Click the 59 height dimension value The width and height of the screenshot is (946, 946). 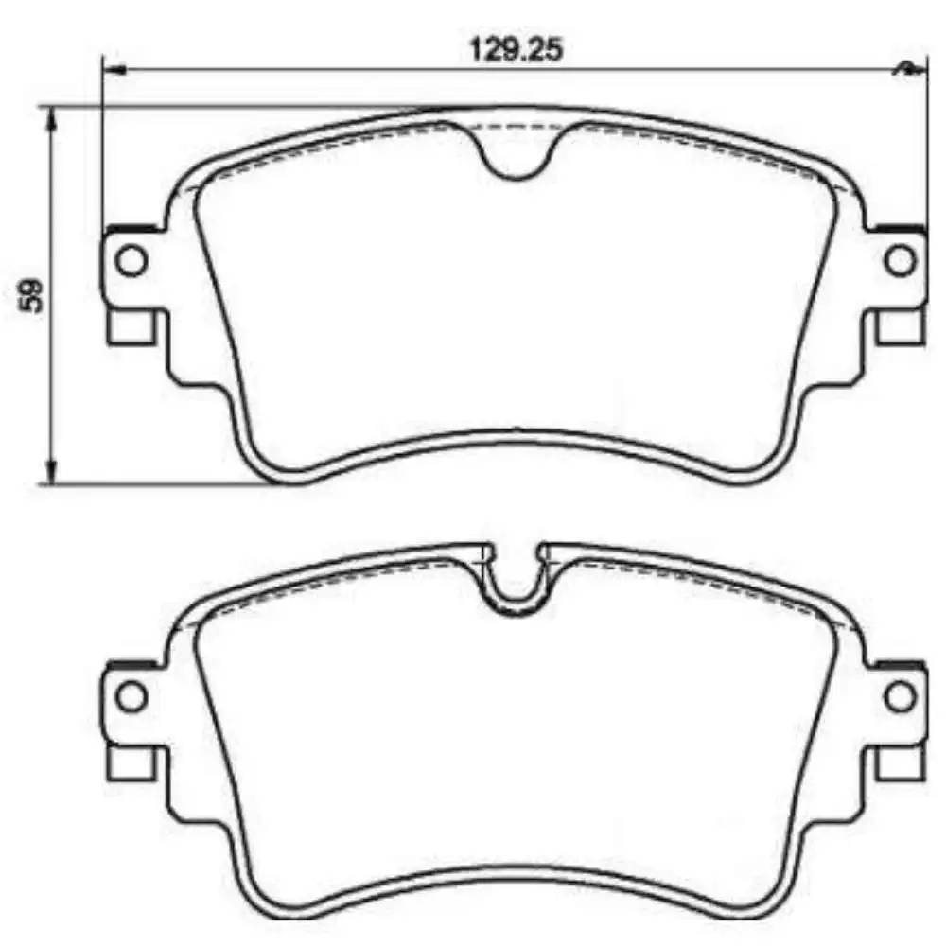tap(33, 295)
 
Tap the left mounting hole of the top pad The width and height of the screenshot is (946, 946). tap(131, 259)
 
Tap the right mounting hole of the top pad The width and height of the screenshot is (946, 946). tap(900, 259)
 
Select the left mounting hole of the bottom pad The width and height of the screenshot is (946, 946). tap(131, 697)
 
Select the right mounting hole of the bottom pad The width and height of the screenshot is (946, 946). tap(900, 697)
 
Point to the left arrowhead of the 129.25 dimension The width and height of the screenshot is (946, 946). tap(112, 69)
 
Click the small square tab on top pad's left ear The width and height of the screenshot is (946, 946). tap(131, 326)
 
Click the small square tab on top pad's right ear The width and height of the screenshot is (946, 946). tap(899, 326)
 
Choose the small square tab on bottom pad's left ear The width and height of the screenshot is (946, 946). tap(131, 761)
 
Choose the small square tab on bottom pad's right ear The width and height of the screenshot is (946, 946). tap(899, 761)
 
